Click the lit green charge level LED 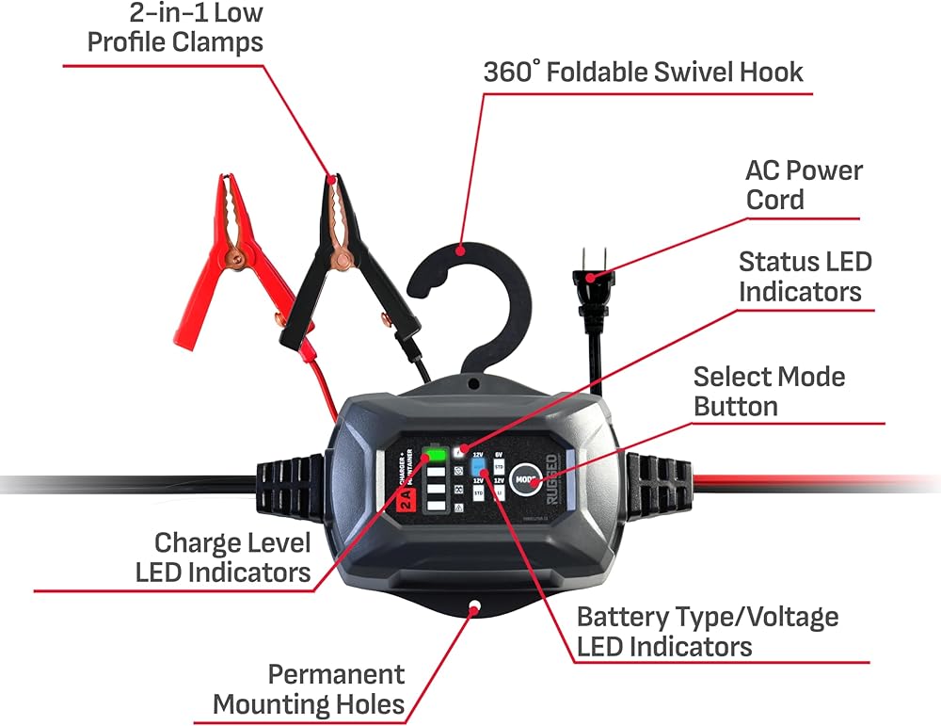point(436,457)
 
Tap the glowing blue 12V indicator point(479,464)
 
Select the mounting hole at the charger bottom point(474,607)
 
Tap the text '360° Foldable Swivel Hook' point(644,72)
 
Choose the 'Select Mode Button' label point(769,391)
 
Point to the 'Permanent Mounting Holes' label point(311,688)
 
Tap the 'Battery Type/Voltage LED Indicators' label point(707,631)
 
